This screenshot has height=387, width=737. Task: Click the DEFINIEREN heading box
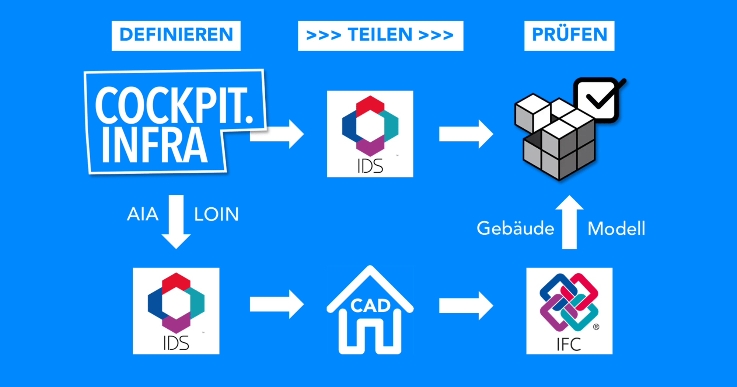click(176, 35)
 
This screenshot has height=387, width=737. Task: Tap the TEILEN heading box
click(380, 35)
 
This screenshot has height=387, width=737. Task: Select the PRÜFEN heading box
click(569, 35)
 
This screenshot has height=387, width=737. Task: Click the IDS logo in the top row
click(370, 134)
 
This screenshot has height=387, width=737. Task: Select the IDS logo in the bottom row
click(176, 311)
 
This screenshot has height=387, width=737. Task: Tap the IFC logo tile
click(569, 311)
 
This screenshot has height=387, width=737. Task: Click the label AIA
click(143, 214)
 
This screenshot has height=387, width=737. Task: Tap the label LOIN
click(216, 214)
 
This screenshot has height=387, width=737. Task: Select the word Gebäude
click(515, 228)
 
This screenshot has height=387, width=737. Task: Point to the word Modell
click(616, 228)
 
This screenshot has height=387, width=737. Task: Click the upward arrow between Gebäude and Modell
click(569, 221)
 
